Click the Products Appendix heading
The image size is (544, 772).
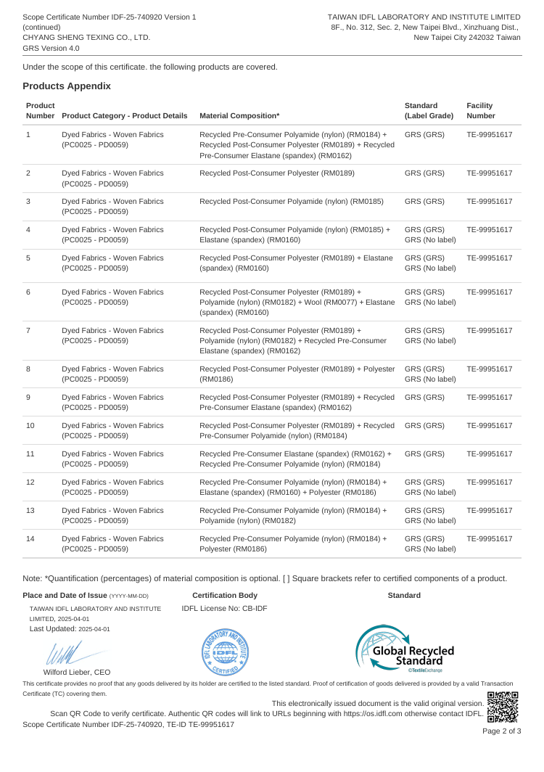(x=67, y=86)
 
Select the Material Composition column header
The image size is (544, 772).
(x=239, y=115)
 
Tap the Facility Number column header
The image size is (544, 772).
(x=480, y=110)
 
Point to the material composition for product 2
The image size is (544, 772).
(x=276, y=173)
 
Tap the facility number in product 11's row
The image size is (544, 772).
(x=490, y=454)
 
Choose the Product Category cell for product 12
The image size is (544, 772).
(x=112, y=488)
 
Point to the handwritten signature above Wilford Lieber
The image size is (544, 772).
(x=64, y=653)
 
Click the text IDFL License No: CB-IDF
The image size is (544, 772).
(x=224, y=608)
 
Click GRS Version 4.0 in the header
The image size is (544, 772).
(x=51, y=48)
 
